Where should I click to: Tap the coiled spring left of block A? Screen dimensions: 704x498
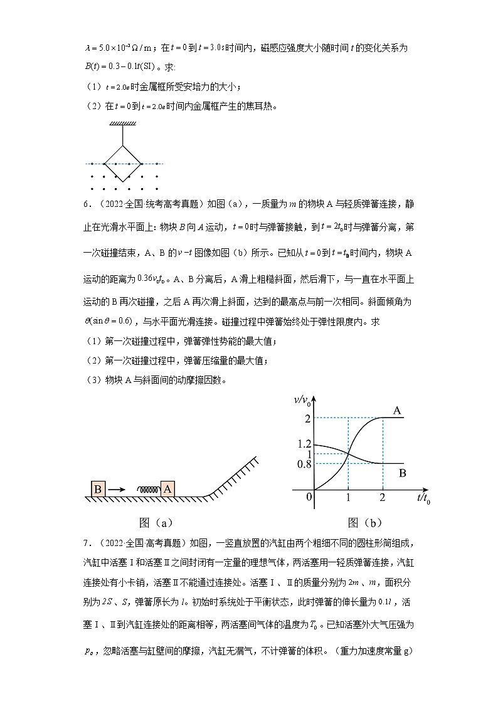pyautogui.click(x=146, y=490)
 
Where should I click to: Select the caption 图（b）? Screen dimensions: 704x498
pyautogui.click(x=364, y=522)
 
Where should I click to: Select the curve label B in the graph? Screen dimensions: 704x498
pyautogui.click(x=402, y=473)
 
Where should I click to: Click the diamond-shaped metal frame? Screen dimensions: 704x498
pyautogui.click(x=122, y=161)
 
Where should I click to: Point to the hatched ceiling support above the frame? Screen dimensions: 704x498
pyautogui.click(x=122, y=123)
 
